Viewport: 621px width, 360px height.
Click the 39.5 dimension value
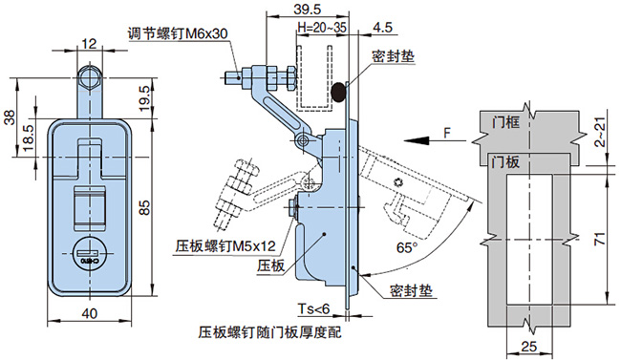click(x=308, y=9)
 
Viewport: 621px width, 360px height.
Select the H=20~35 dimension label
click(x=322, y=28)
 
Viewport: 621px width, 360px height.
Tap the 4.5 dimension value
click(x=382, y=27)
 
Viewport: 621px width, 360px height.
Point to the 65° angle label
click(x=407, y=248)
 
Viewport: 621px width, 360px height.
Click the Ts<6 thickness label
click(x=313, y=308)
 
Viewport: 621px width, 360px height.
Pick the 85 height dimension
click(x=145, y=207)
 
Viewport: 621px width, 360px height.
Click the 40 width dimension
click(x=90, y=313)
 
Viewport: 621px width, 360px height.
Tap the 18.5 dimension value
click(x=29, y=138)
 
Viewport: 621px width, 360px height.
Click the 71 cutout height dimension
click(x=601, y=239)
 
